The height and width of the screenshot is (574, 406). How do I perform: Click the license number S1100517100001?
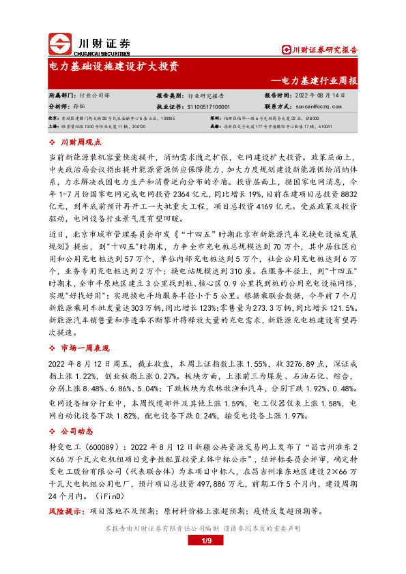click(x=203, y=106)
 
